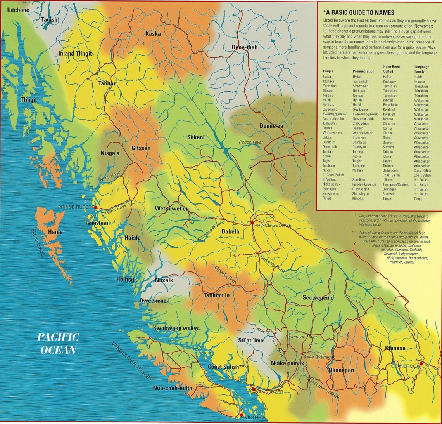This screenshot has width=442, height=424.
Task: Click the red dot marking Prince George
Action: [252, 223]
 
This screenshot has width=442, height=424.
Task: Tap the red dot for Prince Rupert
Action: [95, 208]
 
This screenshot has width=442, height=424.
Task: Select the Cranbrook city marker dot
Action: [421, 364]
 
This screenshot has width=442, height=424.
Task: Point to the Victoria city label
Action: [255, 417]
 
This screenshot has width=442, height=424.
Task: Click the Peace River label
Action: [251, 142]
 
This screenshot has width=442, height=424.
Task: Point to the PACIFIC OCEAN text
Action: [58, 343]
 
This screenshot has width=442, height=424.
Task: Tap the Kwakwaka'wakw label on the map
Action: [176, 328]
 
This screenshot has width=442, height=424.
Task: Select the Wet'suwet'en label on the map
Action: [172, 209]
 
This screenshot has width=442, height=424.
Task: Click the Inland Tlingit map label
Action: [75, 54]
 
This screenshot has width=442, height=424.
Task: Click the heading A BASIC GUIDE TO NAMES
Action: [359, 13]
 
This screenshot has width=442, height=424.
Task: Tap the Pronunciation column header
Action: [363, 71]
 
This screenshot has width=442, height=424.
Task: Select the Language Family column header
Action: [421, 69]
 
